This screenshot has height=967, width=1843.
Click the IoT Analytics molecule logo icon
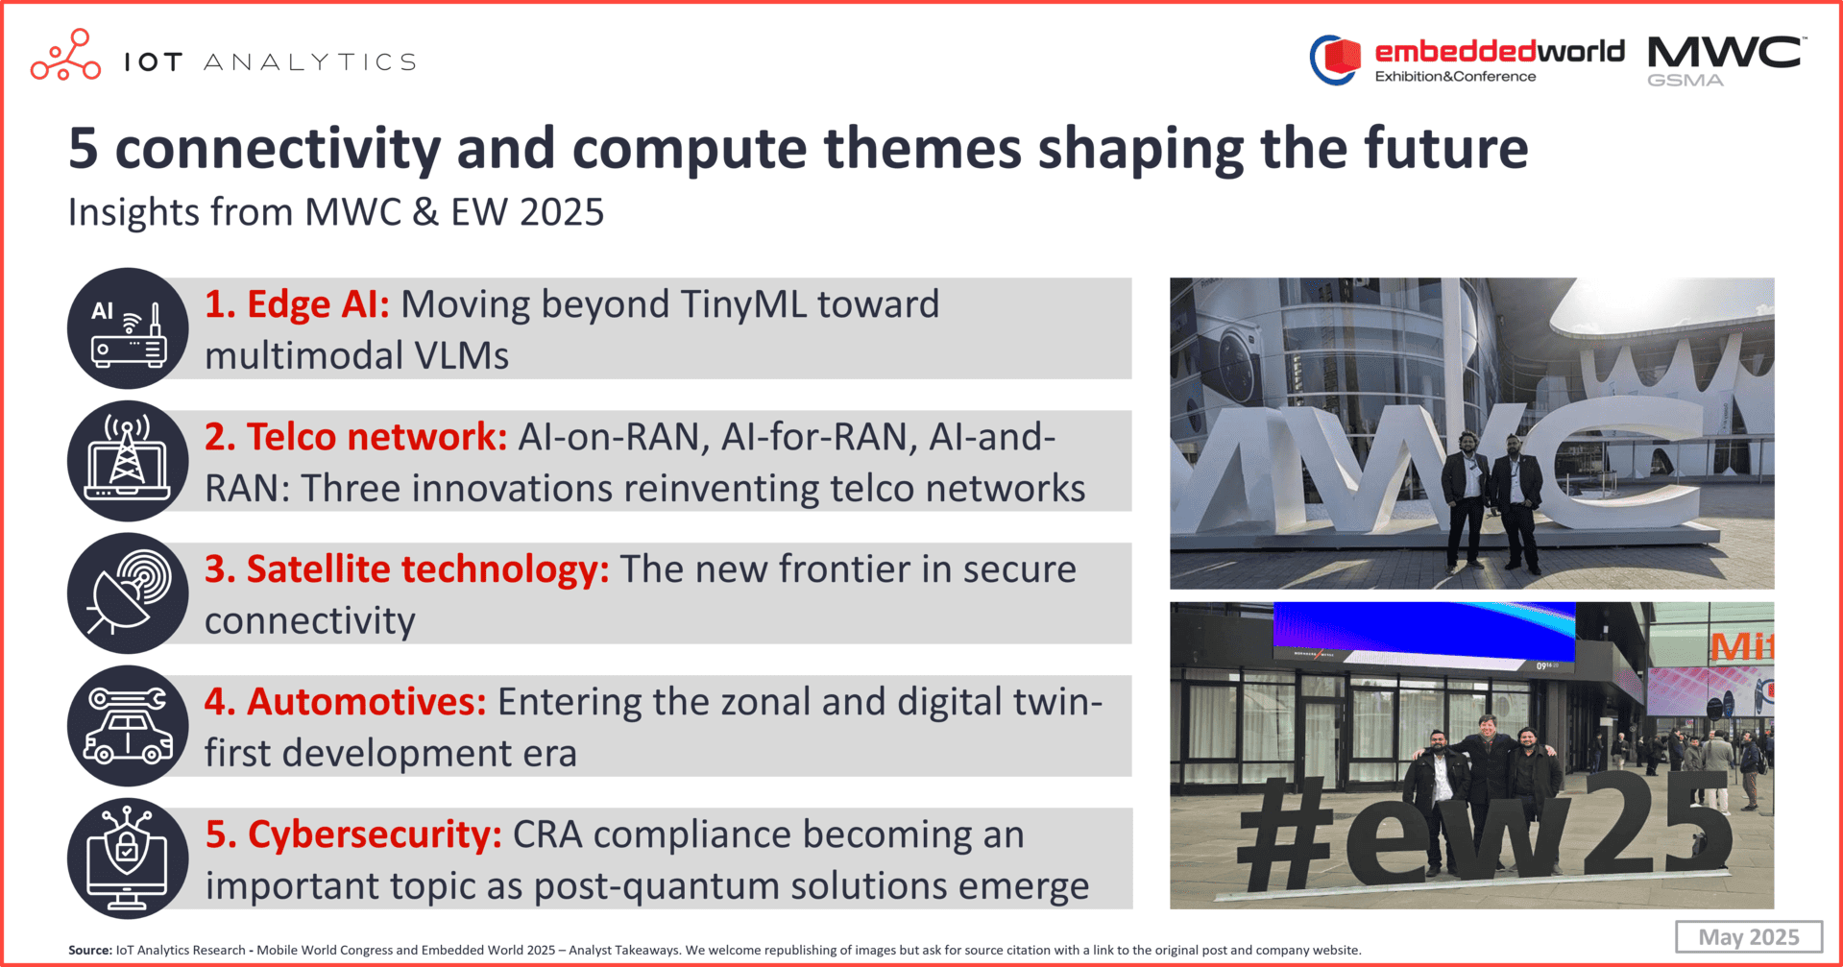pos(65,55)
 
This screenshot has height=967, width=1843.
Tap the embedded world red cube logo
pos(1336,60)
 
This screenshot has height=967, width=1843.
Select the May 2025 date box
pos(1749,936)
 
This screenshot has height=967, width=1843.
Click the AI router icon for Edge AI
pos(128,328)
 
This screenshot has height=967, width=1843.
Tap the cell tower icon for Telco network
pos(128,461)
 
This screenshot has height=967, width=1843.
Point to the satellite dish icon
pos(128,593)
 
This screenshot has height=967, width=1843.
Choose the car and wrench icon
pos(128,726)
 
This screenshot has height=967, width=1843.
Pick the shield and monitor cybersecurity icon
pos(128,858)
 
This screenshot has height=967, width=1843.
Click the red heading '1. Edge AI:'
pos(297,304)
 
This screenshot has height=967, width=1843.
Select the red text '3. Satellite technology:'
pos(406,569)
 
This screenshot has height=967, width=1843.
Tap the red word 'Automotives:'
pos(367,702)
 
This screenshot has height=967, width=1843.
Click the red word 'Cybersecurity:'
pos(375,834)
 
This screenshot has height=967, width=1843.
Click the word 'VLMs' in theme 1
pos(461,356)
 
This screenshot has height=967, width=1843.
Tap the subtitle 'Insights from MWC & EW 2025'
pos(336,212)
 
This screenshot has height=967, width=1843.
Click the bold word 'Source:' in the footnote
pos(90,951)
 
